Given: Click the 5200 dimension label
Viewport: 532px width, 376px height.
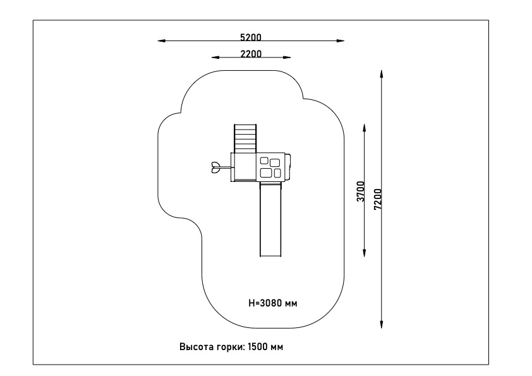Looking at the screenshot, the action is pyautogui.click(x=251, y=37).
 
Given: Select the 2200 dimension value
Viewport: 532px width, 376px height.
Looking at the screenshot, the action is pyautogui.click(x=251, y=54).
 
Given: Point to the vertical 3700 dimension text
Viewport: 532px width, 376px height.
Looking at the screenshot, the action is pyautogui.click(x=361, y=191).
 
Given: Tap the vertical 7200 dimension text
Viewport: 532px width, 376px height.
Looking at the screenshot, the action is pyautogui.click(x=378, y=199).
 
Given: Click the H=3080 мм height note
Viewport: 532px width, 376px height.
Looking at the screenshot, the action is pyautogui.click(x=273, y=303).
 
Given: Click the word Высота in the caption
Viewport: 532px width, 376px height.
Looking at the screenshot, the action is pyautogui.click(x=196, y=347).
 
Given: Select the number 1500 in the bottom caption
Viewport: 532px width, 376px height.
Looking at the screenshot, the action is pyautogui.click(x=258, y=347).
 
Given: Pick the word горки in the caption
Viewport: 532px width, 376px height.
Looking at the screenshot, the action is pyautogui.click(x=230, y=347).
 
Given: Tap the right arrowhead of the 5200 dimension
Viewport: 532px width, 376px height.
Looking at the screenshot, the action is pyautogui.click(x=341, y=40).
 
